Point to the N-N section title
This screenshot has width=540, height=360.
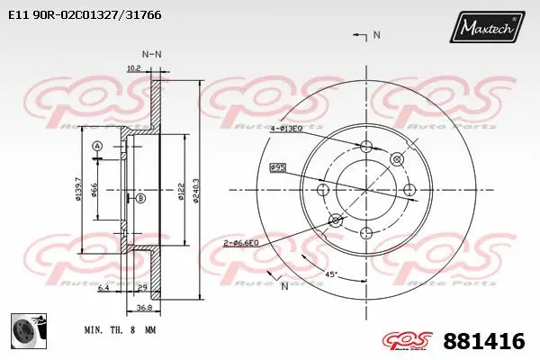pyautogui.click(x=152, y=54)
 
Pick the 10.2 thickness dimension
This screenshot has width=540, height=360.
pyautogui.click(x=134, y=67)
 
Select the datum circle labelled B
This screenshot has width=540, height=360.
pyautogui.click(x=139, y=198)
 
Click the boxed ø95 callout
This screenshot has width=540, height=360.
pyautogui.click(x=278, y=166)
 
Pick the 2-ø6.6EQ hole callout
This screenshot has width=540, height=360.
pyautogui.click(x=241, y=243)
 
